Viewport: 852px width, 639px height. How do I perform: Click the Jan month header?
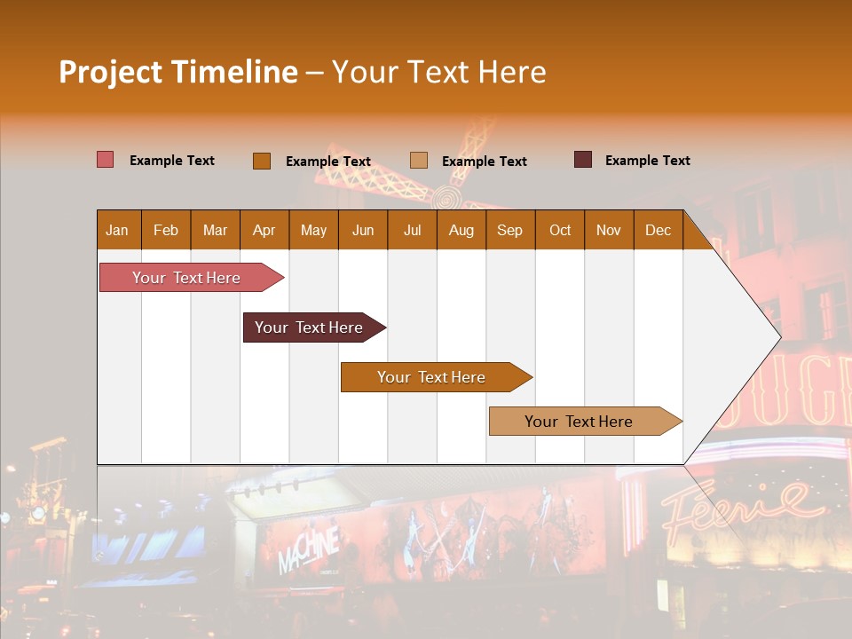118,230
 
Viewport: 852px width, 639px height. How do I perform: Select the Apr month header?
264,230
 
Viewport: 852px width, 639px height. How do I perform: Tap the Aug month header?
461,230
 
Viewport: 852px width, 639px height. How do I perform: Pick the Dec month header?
658,230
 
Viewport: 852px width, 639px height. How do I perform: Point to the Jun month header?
363,230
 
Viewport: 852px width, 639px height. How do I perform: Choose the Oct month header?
560,230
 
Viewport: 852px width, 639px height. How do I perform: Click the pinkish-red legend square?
106,160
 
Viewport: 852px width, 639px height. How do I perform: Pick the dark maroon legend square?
583,160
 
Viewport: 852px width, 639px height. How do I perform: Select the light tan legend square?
419,161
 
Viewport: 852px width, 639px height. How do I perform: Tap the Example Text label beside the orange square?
328,162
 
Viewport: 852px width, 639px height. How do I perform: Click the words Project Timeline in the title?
177,72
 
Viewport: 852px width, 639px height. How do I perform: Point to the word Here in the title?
512,72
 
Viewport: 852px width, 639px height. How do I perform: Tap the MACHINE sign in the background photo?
308,549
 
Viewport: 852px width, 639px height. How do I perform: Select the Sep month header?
510,230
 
